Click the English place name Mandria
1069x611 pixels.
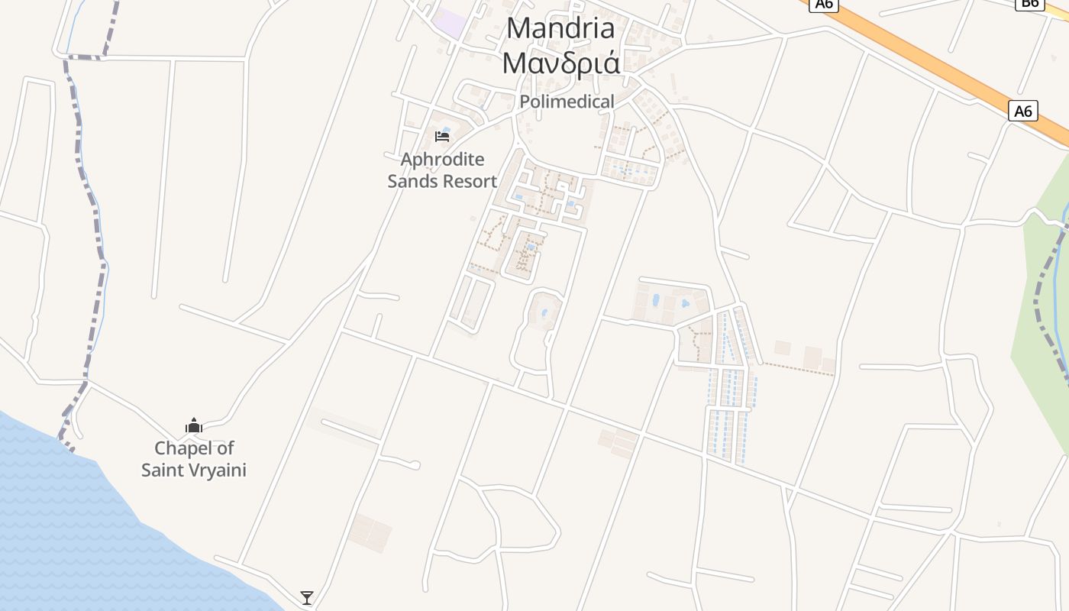(x=560, y=28)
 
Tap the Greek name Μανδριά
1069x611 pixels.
(x=560, y=63)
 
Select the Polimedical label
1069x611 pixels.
(x=567, y=102)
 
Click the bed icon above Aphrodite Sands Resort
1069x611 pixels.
(x=442, y=137)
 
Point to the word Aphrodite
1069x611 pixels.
(x=442, y=160)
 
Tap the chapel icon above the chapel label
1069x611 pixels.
(x=194, y=425)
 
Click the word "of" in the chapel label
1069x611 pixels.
(x=225, y=448)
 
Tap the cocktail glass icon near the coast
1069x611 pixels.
(x=307, y=597)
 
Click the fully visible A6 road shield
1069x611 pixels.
(x=1023, y=112)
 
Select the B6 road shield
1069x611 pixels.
(x=1029, y=4)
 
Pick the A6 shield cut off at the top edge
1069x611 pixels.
(x=824, y=4)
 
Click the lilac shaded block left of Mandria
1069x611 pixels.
(x=449, y=22)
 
